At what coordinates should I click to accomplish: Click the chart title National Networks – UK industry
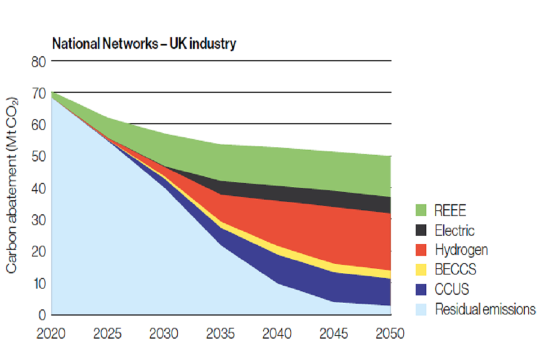pyautogui.click(x=144, y=44)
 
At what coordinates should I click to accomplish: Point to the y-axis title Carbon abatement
pyautogui.click(x=12, y=181)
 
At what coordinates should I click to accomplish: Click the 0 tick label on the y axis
pyautogui.click(x=40, y=314)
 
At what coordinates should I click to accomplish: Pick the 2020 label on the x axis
pyautogui.click(x=51, y=333)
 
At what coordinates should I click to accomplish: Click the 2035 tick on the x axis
pyautogui.click(x=220, y=333)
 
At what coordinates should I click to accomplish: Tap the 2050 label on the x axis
pyautogui.click(x=390, y=333)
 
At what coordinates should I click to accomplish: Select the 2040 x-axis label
pyautogui.click(x=277, y=333)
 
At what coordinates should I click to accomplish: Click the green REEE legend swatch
pyautogui.click(x=421, y=211)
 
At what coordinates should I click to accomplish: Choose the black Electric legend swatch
pyautogui.click(x=421, y=231)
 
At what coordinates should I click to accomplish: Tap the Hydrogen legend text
pyautogui.click(x=461, y=250)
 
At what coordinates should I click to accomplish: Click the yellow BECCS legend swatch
pyautogui.click(x=421, y=269)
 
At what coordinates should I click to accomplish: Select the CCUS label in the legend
pyautogui.click(x=451, y=289)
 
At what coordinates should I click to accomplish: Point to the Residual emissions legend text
pyautogui.click(x=484, y=309)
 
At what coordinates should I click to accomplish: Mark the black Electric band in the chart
pyautogui.click(x=315, y=194)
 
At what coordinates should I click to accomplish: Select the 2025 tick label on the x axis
pyautogui.click(x=107, y=333)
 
